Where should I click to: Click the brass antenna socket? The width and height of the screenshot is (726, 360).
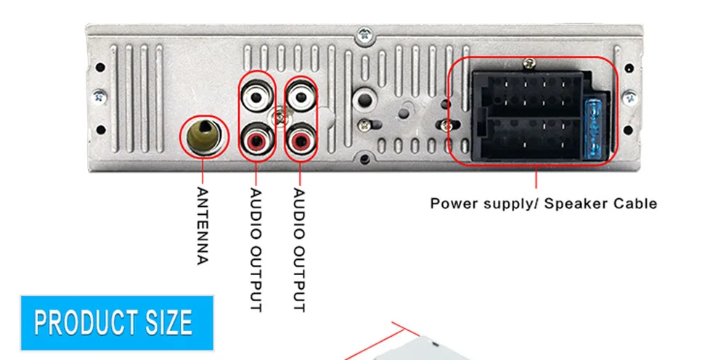click(203, 136)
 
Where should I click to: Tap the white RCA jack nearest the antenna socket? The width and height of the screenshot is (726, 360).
click(257, 95)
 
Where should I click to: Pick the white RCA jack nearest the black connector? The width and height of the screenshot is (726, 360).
click(300, 95)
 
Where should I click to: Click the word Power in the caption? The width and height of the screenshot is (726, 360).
click(452, 203)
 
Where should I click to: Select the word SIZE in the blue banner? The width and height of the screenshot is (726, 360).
click(168, 322)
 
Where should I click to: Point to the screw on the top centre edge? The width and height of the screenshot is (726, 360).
click(363, 33)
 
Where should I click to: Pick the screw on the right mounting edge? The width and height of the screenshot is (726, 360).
click(629, 95)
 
